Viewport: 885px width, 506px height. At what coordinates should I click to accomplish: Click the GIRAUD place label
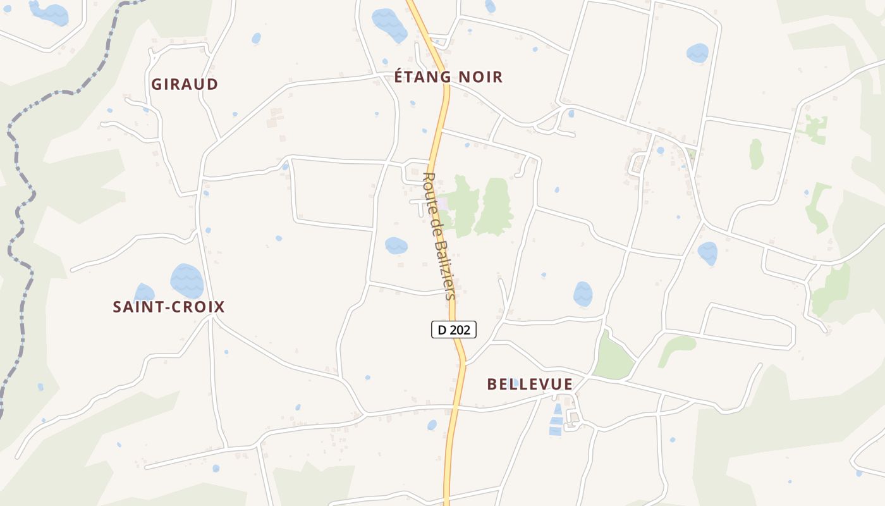point(185,84)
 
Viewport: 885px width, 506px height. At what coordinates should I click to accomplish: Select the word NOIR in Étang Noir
point(480,77)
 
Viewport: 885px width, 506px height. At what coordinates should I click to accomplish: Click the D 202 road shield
point(453,329)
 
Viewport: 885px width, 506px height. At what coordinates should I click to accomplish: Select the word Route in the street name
point(429,186)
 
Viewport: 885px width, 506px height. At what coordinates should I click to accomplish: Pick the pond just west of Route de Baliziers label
point(396,245)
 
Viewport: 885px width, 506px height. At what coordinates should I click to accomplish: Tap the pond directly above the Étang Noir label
point(389,24)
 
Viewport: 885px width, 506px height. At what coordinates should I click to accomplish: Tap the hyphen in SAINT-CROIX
point(167,307)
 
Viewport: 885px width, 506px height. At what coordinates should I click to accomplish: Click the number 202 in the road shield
point(460,329)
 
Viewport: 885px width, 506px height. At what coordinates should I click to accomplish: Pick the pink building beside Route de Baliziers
point(444,204)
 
